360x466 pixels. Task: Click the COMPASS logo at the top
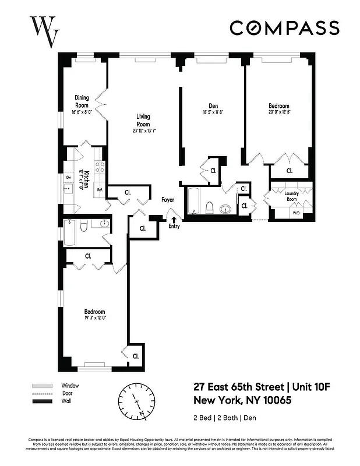(x=284, y=27)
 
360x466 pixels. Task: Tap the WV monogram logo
(x=45, y=31)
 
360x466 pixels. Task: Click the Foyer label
(x=168, y=200)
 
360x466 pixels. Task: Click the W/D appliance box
(x=296, y=213)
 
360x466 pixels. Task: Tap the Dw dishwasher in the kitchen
(x=68, y=178)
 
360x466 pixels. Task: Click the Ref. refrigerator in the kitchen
(x=100, y=190)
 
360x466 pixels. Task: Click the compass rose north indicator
(x=137, y=401)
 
